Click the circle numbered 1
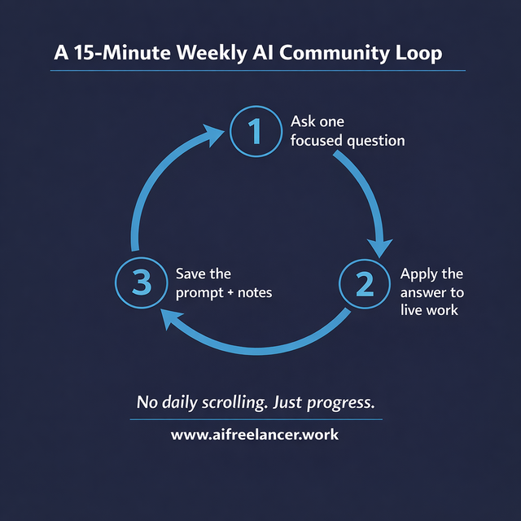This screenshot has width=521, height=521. tap(256, 131)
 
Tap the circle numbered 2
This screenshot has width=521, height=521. tap(364, 283)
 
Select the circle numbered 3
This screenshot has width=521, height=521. tap(142, 283)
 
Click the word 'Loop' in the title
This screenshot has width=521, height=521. tap(416, 54)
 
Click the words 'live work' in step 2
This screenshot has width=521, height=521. tap(429, 309)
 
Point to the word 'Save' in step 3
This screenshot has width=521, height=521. tap(192, 274)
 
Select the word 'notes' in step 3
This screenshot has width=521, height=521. tap(253, 292)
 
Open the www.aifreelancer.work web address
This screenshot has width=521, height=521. tap(254, 435)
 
